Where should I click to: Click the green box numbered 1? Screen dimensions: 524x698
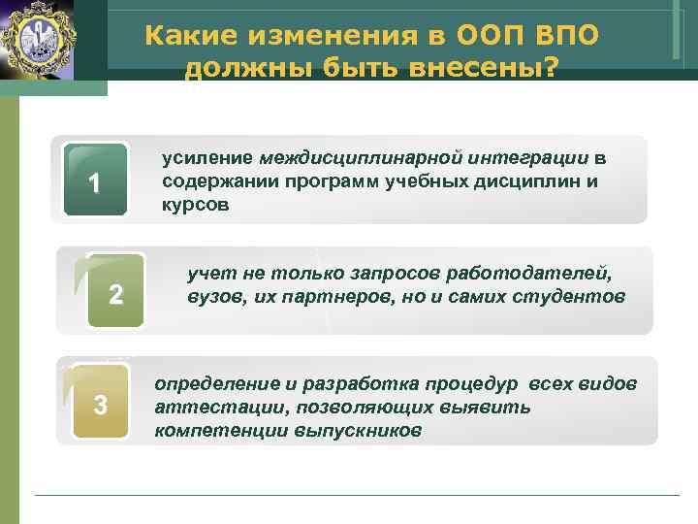(94, 180)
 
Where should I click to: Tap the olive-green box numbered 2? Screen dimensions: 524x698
(115, 291)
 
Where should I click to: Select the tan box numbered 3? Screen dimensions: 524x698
(100, 404)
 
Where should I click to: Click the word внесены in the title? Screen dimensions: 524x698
(485, 70)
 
